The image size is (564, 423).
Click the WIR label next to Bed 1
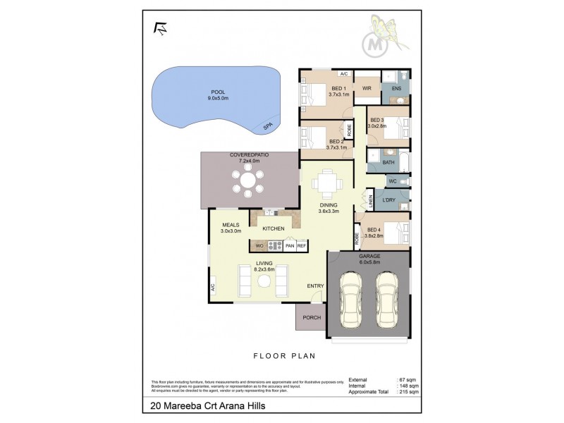point(367,88)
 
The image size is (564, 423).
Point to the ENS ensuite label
point(396,89)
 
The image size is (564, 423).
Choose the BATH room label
point(388,162)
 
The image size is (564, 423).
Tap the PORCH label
point(312,317)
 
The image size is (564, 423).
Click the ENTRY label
point(315,286)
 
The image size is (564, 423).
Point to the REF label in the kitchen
point(301,245)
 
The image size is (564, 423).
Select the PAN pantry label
point(289,245)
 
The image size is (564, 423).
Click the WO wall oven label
point(259,245)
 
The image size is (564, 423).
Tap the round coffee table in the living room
point(264,281)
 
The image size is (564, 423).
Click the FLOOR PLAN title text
point(286,357)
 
